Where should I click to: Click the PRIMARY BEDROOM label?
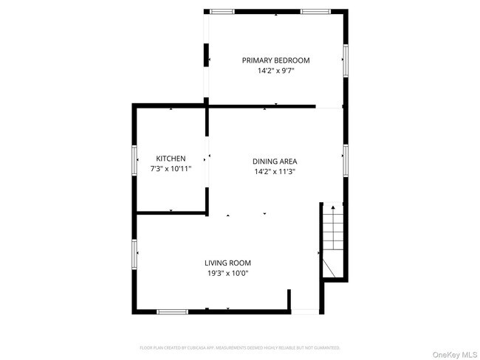(x=276, y=60)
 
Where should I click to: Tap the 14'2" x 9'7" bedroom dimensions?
(x=276, y=72)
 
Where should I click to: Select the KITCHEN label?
(x=171, y=159)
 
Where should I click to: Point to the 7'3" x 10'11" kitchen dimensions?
(x=171, y=169)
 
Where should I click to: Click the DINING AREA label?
(x=275, y=161)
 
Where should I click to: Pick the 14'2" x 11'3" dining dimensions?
(x=275, y=172)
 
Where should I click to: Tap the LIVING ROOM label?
(x=227, y=263)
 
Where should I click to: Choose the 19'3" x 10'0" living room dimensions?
(x=227, y=274)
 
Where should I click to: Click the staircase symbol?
(x=334, y=240)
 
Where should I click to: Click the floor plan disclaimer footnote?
(x=240, y=347)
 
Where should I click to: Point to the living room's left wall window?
(x=134, y=253)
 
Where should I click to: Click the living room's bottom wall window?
(x=172, y=311)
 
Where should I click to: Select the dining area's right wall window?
(x=345, y=160)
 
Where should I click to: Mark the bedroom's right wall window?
(x=345, y=60)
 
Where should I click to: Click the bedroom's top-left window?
(x=222, y=11)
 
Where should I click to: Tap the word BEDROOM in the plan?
(x=292, y=60)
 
